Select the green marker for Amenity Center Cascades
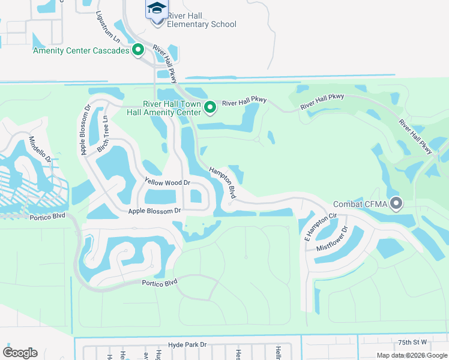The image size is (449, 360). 138,50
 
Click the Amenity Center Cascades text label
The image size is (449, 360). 82,50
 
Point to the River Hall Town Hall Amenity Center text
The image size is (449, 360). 163,107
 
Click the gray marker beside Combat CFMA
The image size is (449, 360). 396,204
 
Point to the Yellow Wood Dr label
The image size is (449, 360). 167,182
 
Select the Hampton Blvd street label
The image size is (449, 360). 222,184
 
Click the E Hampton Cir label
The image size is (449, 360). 314,226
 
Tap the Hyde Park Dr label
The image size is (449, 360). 187,344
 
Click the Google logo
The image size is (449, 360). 20,353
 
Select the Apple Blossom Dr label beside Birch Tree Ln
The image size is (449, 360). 85,131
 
